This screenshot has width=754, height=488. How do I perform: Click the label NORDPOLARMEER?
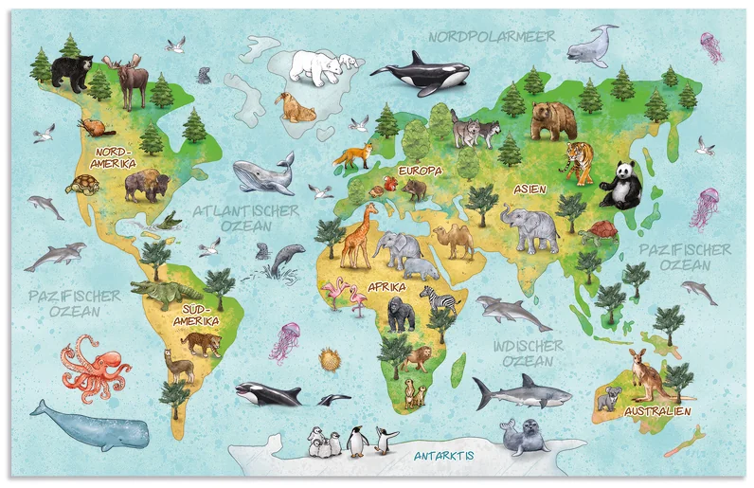coord(490,36)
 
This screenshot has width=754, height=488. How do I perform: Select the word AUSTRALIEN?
coord(657,412)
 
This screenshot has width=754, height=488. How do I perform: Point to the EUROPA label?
coord(420,171)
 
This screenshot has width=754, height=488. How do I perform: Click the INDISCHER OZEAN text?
coord(528,354)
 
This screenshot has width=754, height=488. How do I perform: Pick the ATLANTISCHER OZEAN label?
coord(245,219)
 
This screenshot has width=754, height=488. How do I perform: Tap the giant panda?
coord(620,184)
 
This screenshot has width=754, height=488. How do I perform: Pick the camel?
coord(458,241)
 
